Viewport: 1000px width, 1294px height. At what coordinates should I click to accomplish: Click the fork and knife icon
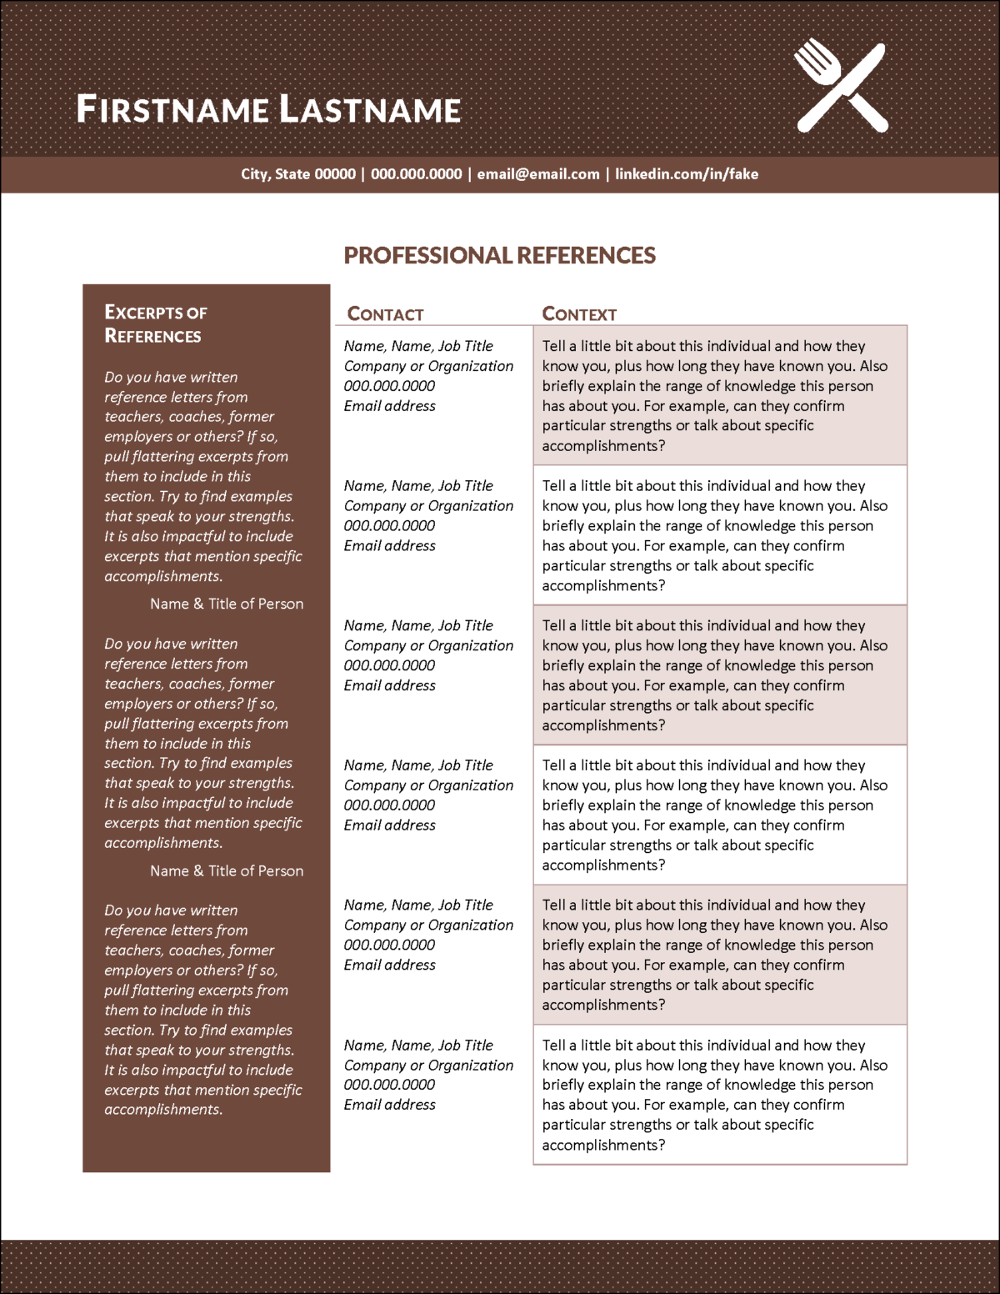(x=840, y=88)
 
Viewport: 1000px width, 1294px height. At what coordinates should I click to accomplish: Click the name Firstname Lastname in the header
(x=268, y=109)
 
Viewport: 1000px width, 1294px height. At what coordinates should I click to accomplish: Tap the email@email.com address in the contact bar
(x=538, y=174)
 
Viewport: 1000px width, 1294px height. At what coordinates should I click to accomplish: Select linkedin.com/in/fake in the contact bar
(x=687, y=174)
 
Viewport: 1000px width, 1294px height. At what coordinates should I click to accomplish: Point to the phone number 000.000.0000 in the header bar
(x=416, y=174)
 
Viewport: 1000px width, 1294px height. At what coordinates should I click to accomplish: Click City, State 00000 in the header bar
(x=298, y=174)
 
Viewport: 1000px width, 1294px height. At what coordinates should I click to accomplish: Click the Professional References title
(x=500, y=255)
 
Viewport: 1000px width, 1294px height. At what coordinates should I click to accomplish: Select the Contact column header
(x=385, y=314)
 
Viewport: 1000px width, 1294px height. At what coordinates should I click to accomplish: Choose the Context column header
(x=579, y=314)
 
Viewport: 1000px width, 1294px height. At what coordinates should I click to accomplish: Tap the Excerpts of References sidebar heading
(x=156, y=323)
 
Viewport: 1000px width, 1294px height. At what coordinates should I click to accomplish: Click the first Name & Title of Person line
(x=227, y=604)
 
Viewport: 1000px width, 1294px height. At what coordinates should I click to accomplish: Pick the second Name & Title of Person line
(x=227, y=870)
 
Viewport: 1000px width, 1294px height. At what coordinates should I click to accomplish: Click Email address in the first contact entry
(x=390, y=406)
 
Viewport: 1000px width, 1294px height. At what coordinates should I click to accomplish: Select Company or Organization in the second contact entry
(x=428, y=506)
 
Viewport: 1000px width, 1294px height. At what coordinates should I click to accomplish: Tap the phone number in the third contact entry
(x=389, y=665)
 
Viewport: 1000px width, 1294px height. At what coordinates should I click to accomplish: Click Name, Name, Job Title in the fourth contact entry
(x=418, y=765)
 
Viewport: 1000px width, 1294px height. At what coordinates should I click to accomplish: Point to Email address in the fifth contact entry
(x=390, y=965)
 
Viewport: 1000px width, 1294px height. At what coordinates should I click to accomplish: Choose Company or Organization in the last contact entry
(x=428, y=1065)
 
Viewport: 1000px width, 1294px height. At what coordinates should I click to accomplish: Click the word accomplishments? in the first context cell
(x=603, y=446)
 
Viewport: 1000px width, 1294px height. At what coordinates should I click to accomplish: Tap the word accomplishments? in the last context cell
(x=603, y=1145)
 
